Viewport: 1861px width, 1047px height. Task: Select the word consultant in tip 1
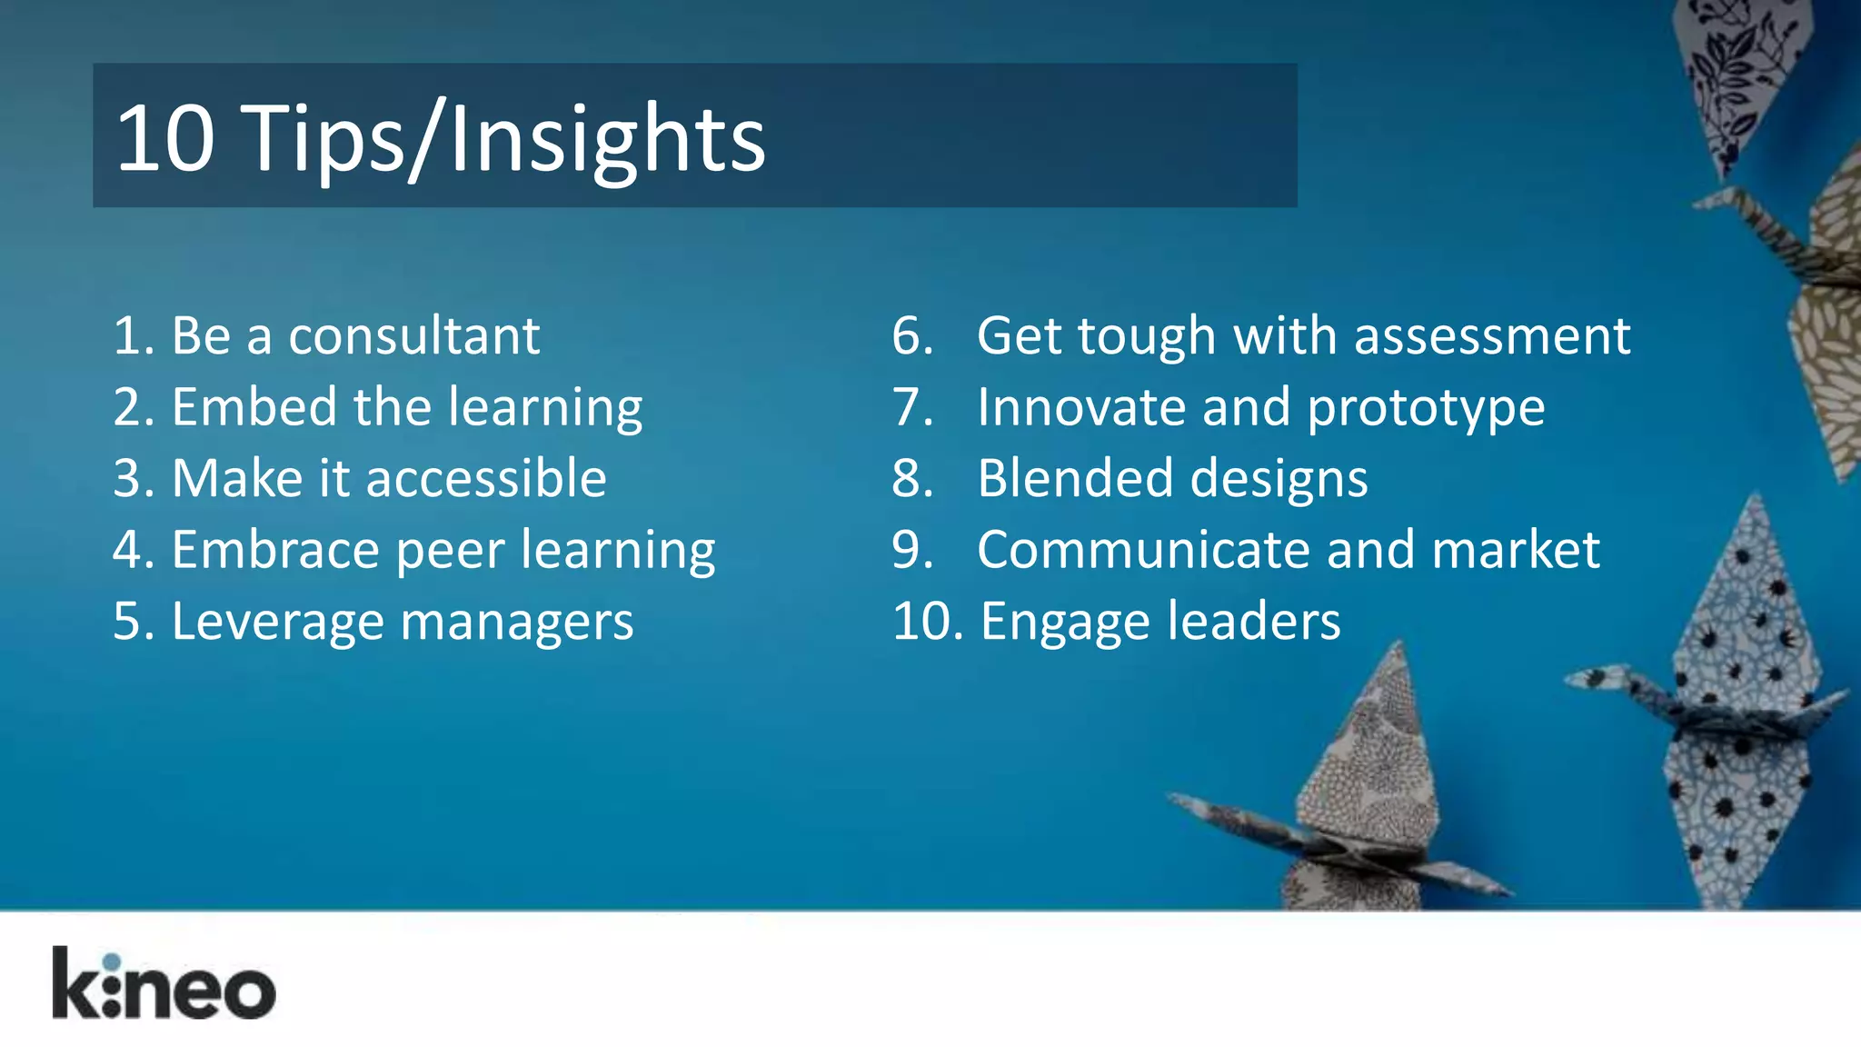[x=414, y=336]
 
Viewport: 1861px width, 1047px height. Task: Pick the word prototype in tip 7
[x=1426, y=409]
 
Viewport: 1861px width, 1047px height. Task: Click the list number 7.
[x=911, y=407]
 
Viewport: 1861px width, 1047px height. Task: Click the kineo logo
[x=164, y=985]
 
